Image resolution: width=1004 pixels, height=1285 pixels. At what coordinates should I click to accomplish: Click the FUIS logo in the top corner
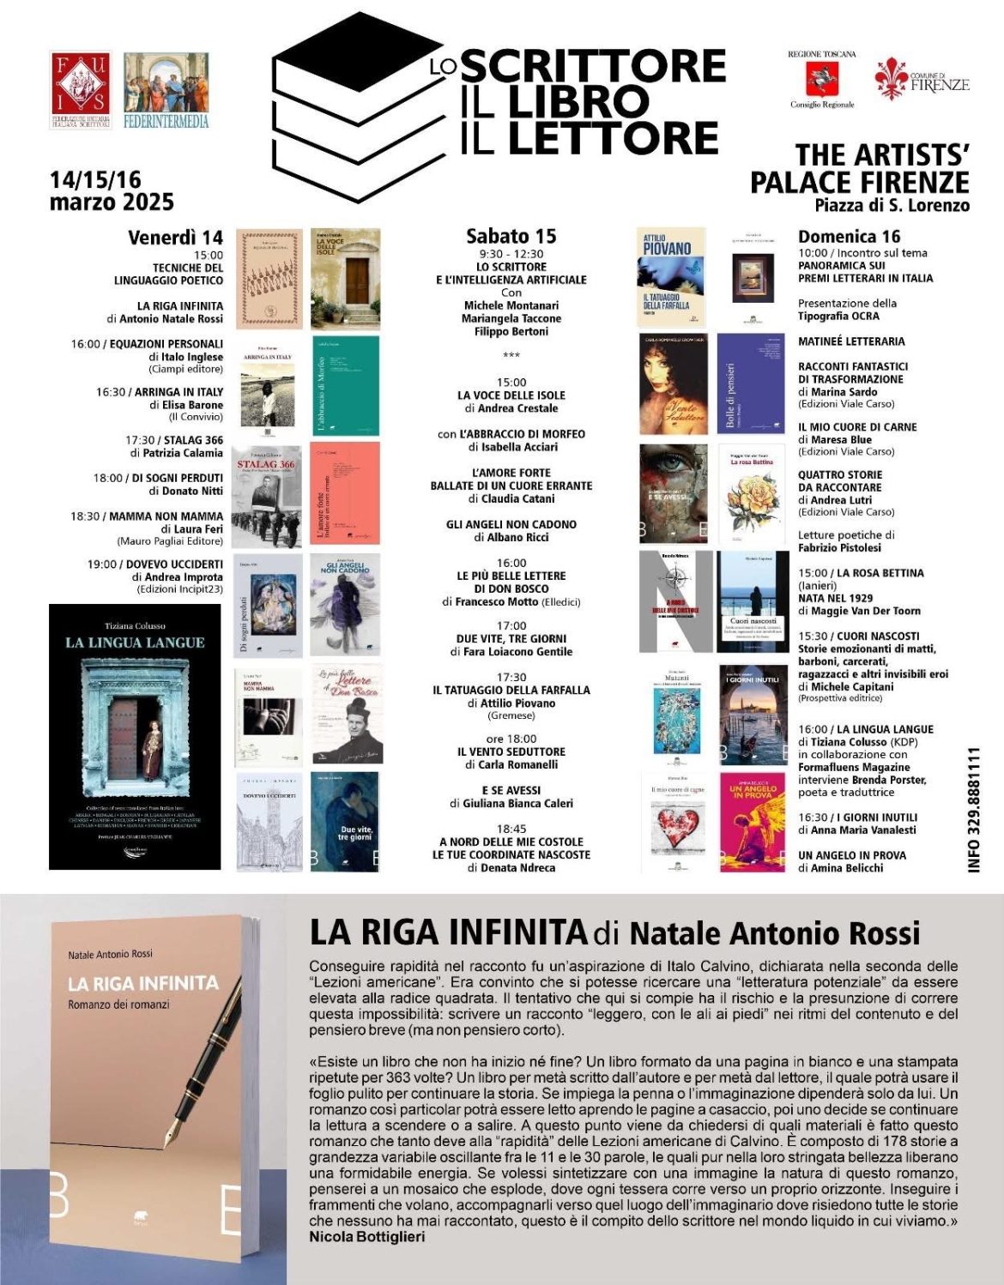pos(81,90)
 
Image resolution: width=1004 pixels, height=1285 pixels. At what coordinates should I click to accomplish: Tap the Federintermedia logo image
pos(166,90)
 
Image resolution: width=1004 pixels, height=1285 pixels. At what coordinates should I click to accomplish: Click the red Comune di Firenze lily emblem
pos(891,79)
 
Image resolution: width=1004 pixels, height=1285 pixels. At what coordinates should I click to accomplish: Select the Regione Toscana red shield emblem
pos(821,80)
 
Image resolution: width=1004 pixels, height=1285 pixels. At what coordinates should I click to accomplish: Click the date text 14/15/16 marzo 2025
pos(112,191)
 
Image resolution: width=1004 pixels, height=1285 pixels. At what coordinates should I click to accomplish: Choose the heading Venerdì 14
pos(175,238)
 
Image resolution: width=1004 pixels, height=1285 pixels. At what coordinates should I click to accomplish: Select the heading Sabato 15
pos(511,236)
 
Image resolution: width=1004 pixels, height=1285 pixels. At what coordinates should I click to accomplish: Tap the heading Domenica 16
pos(849,237)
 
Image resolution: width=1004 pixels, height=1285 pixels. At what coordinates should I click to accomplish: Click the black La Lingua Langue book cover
pos(135,736)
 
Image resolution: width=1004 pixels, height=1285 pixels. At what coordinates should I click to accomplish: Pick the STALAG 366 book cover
pos(269,495)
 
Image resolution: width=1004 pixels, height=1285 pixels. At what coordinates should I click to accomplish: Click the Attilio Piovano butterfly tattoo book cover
pos(671,277)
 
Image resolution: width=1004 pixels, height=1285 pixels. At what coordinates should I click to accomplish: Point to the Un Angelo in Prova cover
pos(753,822)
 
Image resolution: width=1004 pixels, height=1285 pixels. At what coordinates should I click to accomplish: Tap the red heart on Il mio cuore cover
pos(678,829)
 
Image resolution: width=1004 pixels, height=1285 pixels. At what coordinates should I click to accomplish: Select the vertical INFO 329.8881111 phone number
pos(974,810)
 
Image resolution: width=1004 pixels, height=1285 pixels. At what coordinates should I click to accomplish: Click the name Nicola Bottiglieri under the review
pos(366,1237)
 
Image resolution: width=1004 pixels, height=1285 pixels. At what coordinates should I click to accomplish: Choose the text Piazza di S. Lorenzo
pos(892,206)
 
